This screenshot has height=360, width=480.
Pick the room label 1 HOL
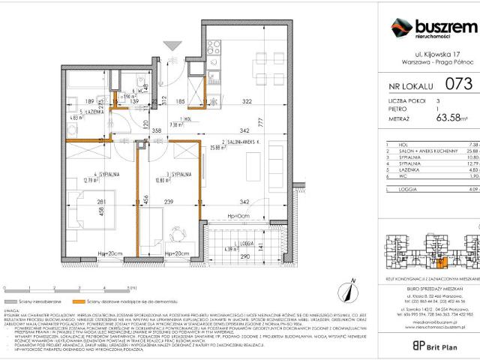[x=178, y=118]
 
